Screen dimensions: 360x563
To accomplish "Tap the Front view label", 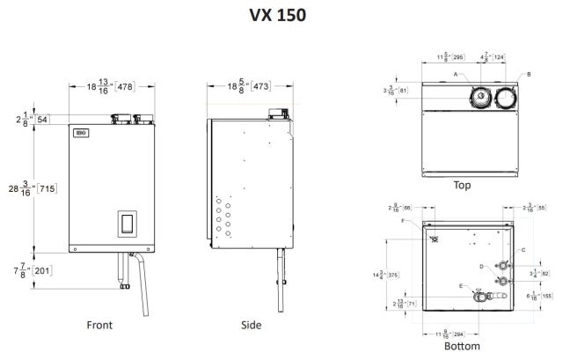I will [x=99, y=325].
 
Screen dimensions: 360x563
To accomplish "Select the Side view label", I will [x=251, y=325].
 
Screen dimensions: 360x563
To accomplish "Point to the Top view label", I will [x=462, y=185].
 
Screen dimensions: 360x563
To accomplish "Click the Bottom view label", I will [x=462, y=346].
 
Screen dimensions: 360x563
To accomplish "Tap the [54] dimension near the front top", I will [x=42, y=118].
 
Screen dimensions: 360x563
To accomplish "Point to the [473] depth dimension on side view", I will [x=261, y=87].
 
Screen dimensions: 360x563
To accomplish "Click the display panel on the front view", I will [x=127, y=224].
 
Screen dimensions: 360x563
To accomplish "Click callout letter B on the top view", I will [x=529, y=75].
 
